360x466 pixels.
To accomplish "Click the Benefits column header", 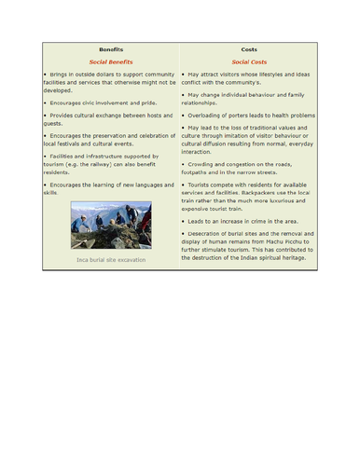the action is coord(111,48).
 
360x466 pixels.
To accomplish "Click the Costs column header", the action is coord(248,48).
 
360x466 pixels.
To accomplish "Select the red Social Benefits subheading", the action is coord(111,61).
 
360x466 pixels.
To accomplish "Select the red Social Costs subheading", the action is coord(248,61).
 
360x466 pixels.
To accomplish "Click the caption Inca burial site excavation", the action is coord(111,260).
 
